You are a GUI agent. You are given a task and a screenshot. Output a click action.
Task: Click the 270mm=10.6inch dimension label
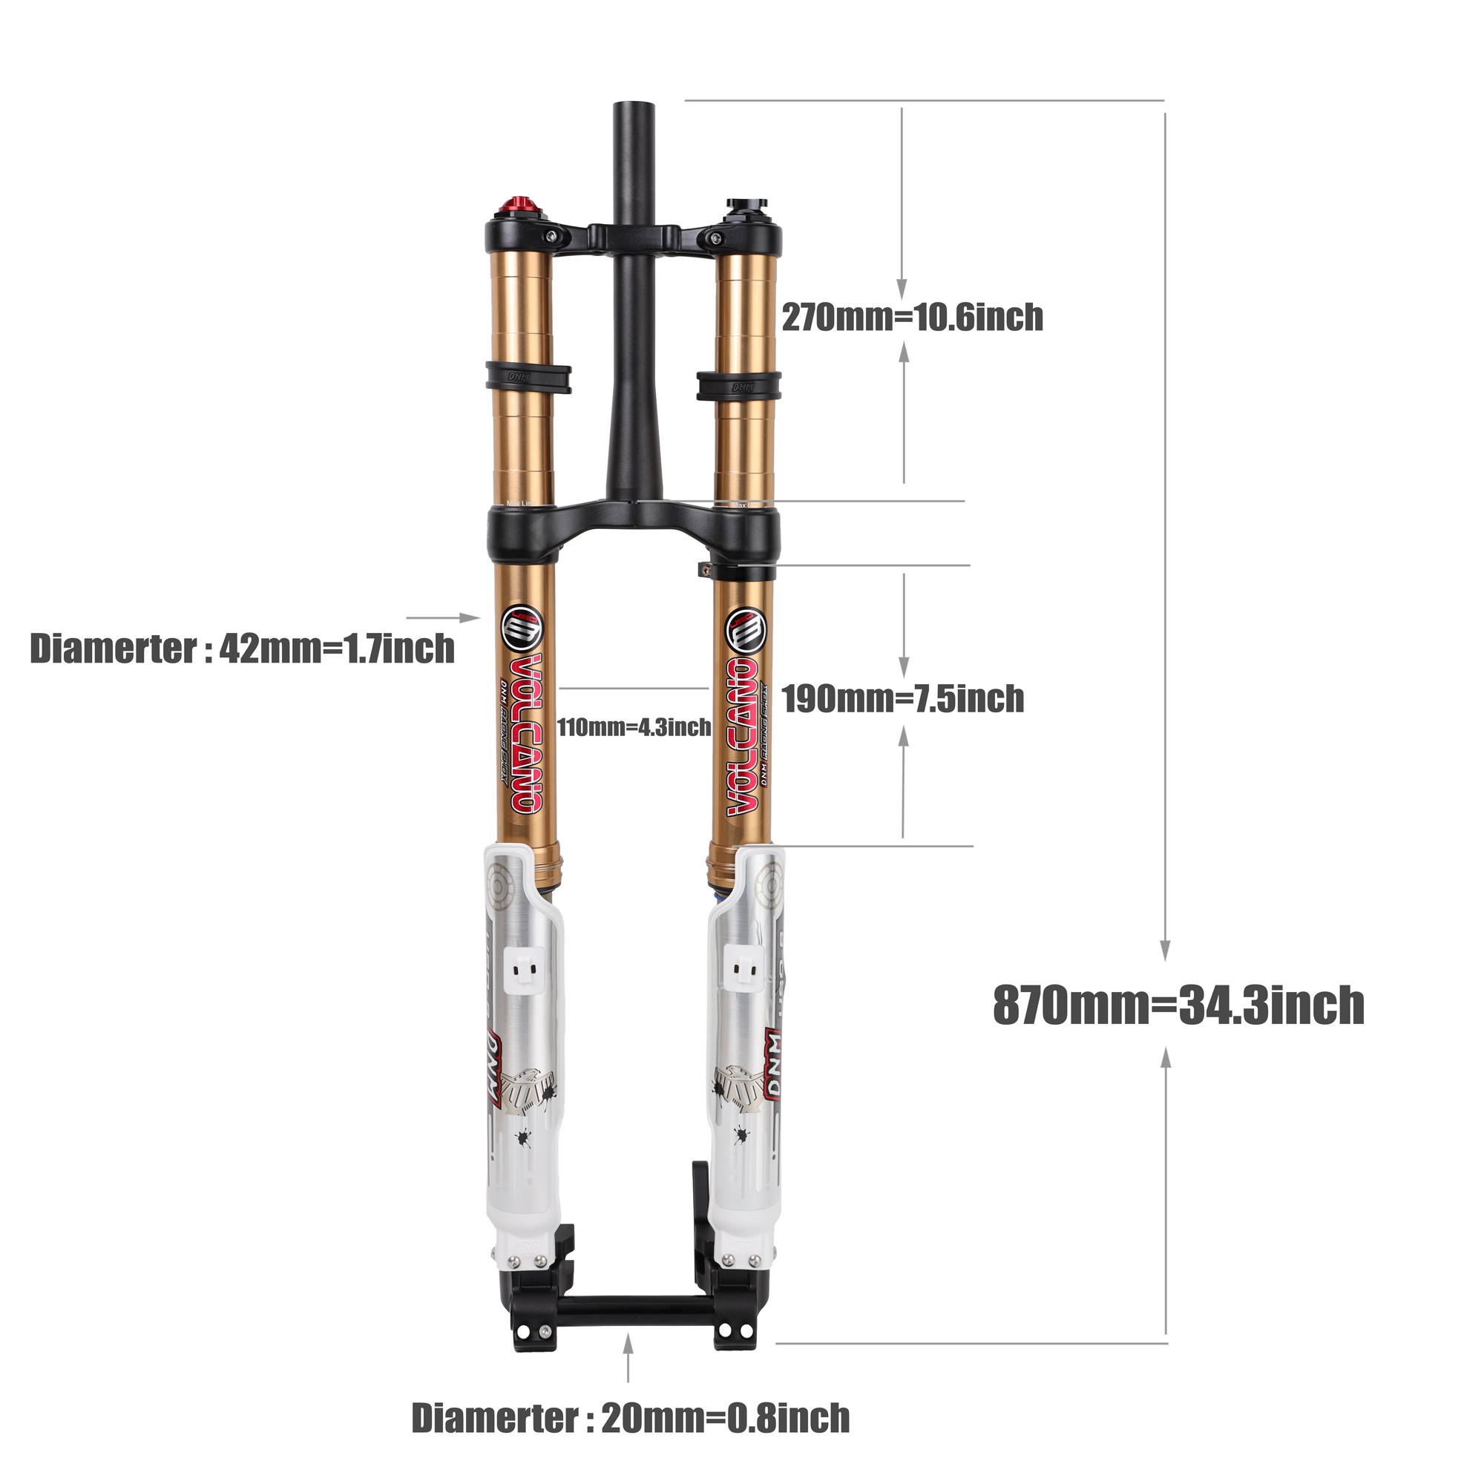tap(912, 318)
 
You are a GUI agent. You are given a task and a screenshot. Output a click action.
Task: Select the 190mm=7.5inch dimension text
tap(902, 699)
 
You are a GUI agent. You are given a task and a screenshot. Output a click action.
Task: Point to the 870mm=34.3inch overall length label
tap(1178, 1005)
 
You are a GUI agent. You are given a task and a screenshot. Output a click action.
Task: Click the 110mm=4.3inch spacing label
tap(634, 726)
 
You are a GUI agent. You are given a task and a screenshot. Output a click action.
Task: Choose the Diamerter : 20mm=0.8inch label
tap(630, 1418)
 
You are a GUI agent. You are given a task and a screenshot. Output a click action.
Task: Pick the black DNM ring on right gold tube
tap(739, 386)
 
